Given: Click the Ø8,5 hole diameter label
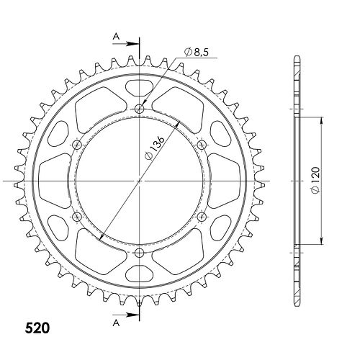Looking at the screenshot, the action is click(196, 52).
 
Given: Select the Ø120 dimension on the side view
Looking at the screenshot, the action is click(315, 180).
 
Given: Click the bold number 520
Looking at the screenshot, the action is click(37, 328).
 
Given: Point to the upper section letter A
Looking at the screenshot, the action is click(116, 37).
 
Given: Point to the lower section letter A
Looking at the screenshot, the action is click(116, 323).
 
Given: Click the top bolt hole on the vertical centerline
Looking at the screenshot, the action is click(140, 109).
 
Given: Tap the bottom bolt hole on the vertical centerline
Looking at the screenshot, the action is click(140, 252).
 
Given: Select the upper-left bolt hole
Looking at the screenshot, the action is click(77, 145).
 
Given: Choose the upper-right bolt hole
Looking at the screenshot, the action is click(202, 145).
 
